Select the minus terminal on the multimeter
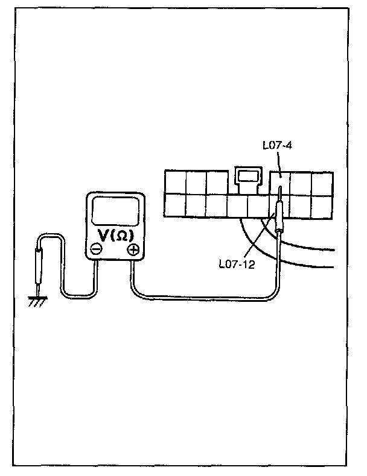(x=97, y=249)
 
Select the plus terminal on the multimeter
(x=133, y=249)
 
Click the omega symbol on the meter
(x=121, y=235)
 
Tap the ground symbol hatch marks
(x=37, y=299)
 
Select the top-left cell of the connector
(x=175, y=183)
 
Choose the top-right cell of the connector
(x=321, y=183)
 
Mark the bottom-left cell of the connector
(x=175, y=206)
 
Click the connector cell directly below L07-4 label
(x=279, y=182)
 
